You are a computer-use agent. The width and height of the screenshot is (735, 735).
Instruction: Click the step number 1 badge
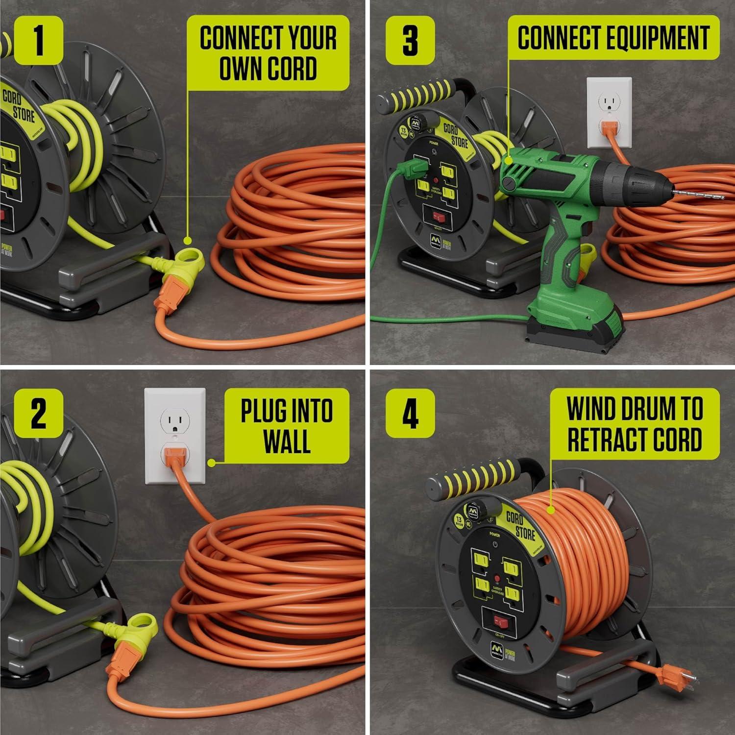coord(38,40)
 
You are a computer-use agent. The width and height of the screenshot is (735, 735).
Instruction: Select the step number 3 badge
coord(410,40)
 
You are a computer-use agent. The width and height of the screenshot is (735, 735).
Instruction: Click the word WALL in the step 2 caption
coord(287,442)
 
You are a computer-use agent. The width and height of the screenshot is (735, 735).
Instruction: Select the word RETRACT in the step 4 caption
coord(610,439)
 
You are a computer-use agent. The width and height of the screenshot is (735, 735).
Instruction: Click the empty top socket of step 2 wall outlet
coord(174,420)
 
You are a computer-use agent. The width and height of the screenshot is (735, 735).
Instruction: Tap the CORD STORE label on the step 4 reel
coord(519,525)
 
